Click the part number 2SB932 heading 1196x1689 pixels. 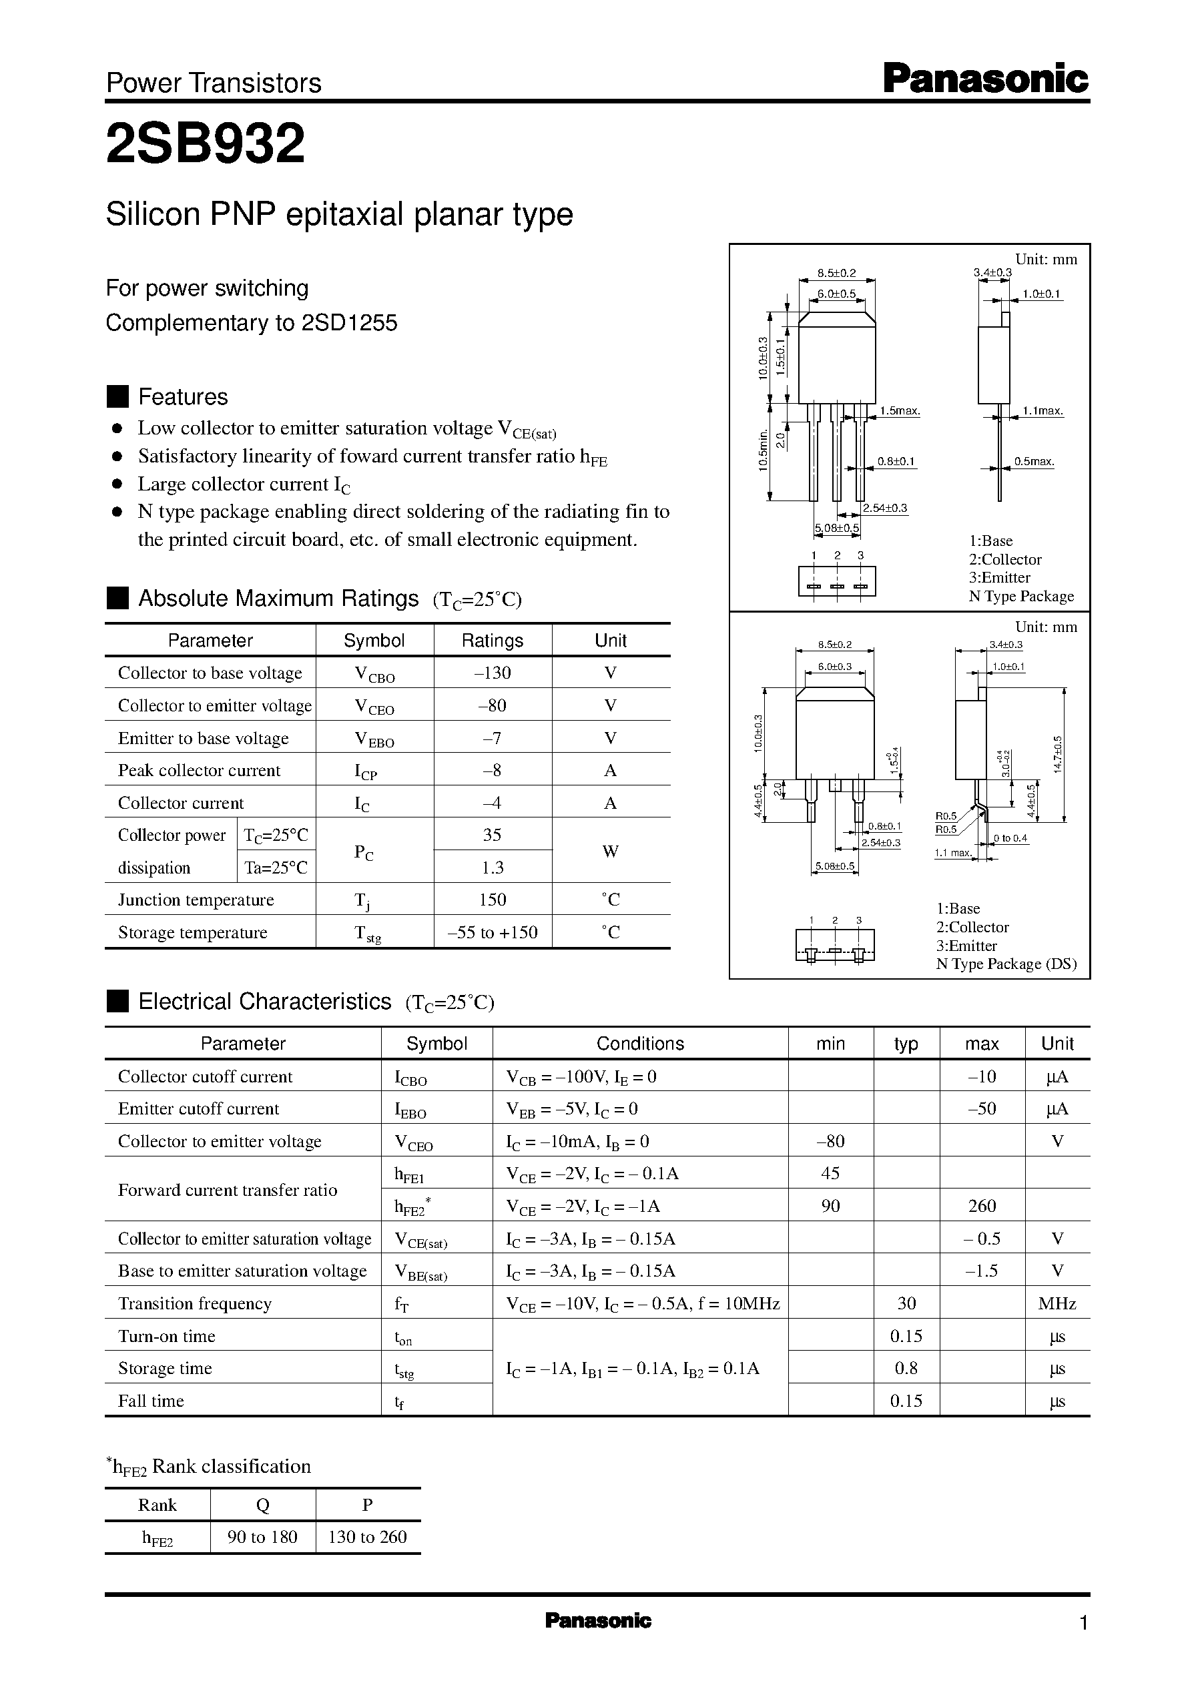tap(206, 143)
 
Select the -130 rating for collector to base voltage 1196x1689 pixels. tap(493, 673)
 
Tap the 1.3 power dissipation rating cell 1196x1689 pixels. tap(493, 868)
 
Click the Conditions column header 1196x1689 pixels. tap(640, 1043)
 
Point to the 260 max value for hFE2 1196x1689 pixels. tap(982, 1206)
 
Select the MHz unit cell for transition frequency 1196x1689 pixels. tap(1057, 1304)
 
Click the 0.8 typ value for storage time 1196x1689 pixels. tap(906, 1368)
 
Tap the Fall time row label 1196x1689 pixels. tap(151, 1401)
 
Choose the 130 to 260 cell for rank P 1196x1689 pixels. tap(368, 1538)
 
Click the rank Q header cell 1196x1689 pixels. tap(263, 1505)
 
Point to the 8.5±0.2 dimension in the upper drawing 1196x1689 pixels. tap(837, 273)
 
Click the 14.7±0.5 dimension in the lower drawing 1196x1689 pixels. tap(1059, 754)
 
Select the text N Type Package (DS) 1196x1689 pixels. tap(1006, 964)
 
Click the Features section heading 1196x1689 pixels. tap(183, 397)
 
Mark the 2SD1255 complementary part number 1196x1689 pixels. tap(349, 323)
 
